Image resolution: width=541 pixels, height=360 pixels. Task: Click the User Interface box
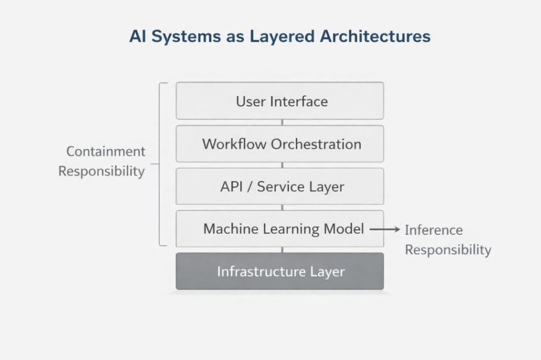tap(280, 101)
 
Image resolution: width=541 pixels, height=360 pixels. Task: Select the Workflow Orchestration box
tap(280, 144)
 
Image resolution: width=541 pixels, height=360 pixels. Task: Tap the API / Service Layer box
tap(280, 186)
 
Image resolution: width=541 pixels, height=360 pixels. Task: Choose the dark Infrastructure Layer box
tap(280, 271)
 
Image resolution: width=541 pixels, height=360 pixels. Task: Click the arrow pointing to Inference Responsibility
tap(384, 230)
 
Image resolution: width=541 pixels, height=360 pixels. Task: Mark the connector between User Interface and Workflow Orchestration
tap(282, 122)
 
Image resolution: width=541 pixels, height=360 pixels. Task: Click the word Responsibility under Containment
tap(101, 172)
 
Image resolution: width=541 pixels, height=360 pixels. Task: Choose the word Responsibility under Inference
tap(448, 250)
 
